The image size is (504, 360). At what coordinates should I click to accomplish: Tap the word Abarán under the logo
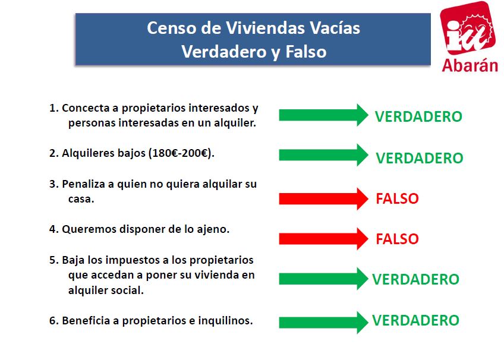click(x=470, y=65)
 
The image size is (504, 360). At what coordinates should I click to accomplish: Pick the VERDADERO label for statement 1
click(x=418, y=116)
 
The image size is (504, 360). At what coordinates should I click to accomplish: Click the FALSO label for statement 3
click(x=397, y=198)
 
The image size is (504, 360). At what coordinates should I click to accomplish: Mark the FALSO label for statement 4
click(x=397, y=239)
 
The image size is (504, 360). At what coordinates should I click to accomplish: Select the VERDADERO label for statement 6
click(x=415, y=321)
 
